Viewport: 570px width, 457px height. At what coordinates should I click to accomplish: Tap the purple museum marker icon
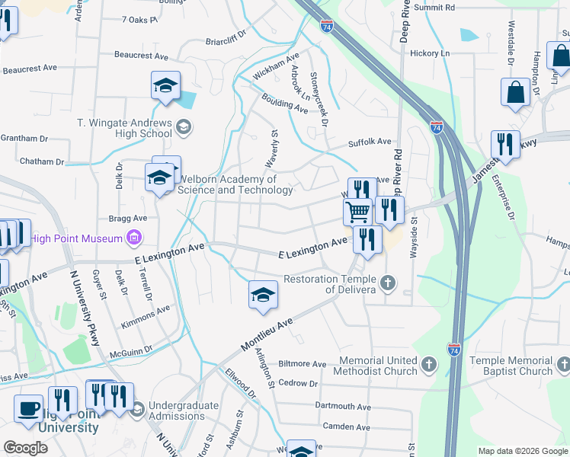coord(135,238)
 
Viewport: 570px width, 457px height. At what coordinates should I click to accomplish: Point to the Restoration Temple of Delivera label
coord(331,284)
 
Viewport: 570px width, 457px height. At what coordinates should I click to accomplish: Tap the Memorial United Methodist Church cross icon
coord(428,366)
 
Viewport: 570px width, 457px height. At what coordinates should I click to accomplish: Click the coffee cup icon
coord(29,408)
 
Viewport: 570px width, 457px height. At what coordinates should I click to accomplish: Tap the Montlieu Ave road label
coord(267,335)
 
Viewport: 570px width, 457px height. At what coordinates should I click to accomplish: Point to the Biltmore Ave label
coord(303,365)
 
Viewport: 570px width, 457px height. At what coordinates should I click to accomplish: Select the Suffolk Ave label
coord(370,142)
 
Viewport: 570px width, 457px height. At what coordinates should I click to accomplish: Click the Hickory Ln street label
coord(430,53)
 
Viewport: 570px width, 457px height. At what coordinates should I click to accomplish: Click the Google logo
coord(25,448)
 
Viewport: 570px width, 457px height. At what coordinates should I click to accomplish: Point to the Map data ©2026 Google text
coord(522,451)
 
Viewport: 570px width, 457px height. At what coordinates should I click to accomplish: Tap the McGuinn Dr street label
coord(131,350)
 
